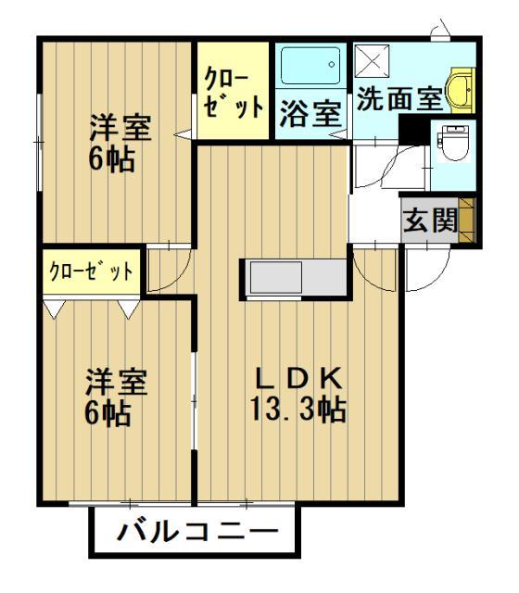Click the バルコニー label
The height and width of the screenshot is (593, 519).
tap(197, 535)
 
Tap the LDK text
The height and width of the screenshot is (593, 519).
tap(300, 378)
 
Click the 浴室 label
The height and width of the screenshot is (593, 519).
tap(310, 114)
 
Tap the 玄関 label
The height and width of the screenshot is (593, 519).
tap(429, 222)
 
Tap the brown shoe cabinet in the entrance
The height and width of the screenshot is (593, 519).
tap(466, 221)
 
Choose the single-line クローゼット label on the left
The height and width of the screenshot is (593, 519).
tap(90, 271)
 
